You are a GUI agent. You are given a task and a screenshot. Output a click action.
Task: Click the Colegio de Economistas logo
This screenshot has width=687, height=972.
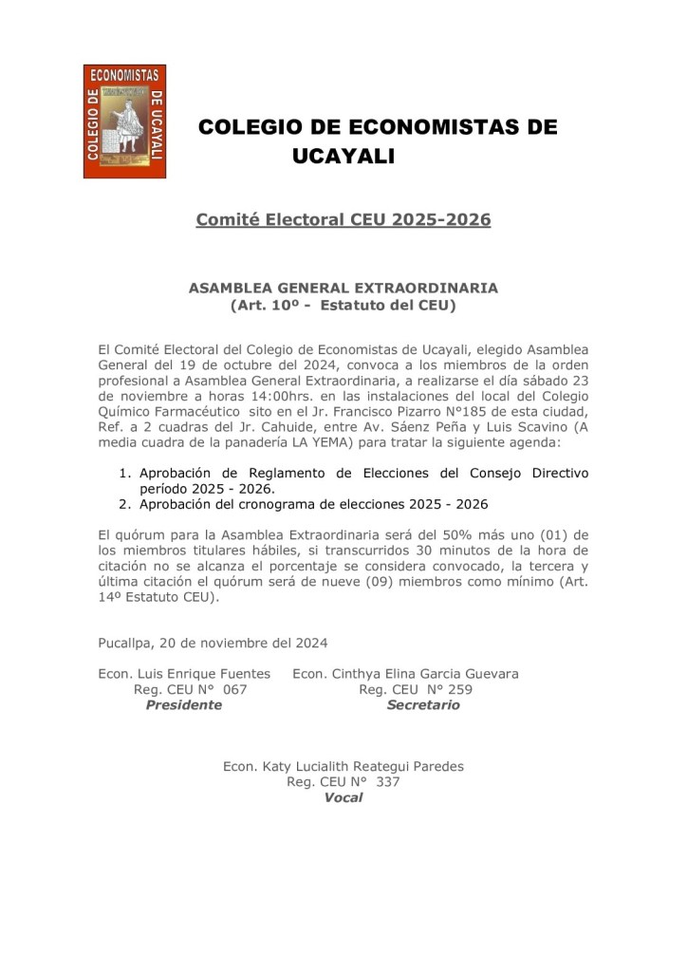[x=124, y=121]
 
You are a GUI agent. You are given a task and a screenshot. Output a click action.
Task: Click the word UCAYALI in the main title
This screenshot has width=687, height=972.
[x=343, y=156]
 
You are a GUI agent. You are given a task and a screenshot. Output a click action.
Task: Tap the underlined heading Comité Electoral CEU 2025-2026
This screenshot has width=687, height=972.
[x=343, y=220]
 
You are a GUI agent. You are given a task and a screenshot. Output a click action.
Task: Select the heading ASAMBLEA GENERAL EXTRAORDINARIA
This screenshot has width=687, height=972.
[x=343, y=288]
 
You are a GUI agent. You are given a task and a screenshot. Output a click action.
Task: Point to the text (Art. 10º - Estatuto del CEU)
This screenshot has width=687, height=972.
[x=343, y=306]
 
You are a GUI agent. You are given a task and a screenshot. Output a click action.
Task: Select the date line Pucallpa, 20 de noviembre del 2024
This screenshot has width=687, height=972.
[x=213, y=643]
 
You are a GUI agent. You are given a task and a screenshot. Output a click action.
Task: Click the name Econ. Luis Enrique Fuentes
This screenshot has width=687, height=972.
[x=184, y=674]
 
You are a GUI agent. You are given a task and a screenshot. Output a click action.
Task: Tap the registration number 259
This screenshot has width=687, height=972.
[x=461, y=689]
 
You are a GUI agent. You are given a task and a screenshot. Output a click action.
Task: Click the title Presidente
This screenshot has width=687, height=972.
[x=183, y=705]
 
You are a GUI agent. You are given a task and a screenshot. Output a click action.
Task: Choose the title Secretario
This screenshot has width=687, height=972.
[x=422, y=705]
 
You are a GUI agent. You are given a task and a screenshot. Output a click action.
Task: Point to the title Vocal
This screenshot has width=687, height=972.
[x=343, y=797]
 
